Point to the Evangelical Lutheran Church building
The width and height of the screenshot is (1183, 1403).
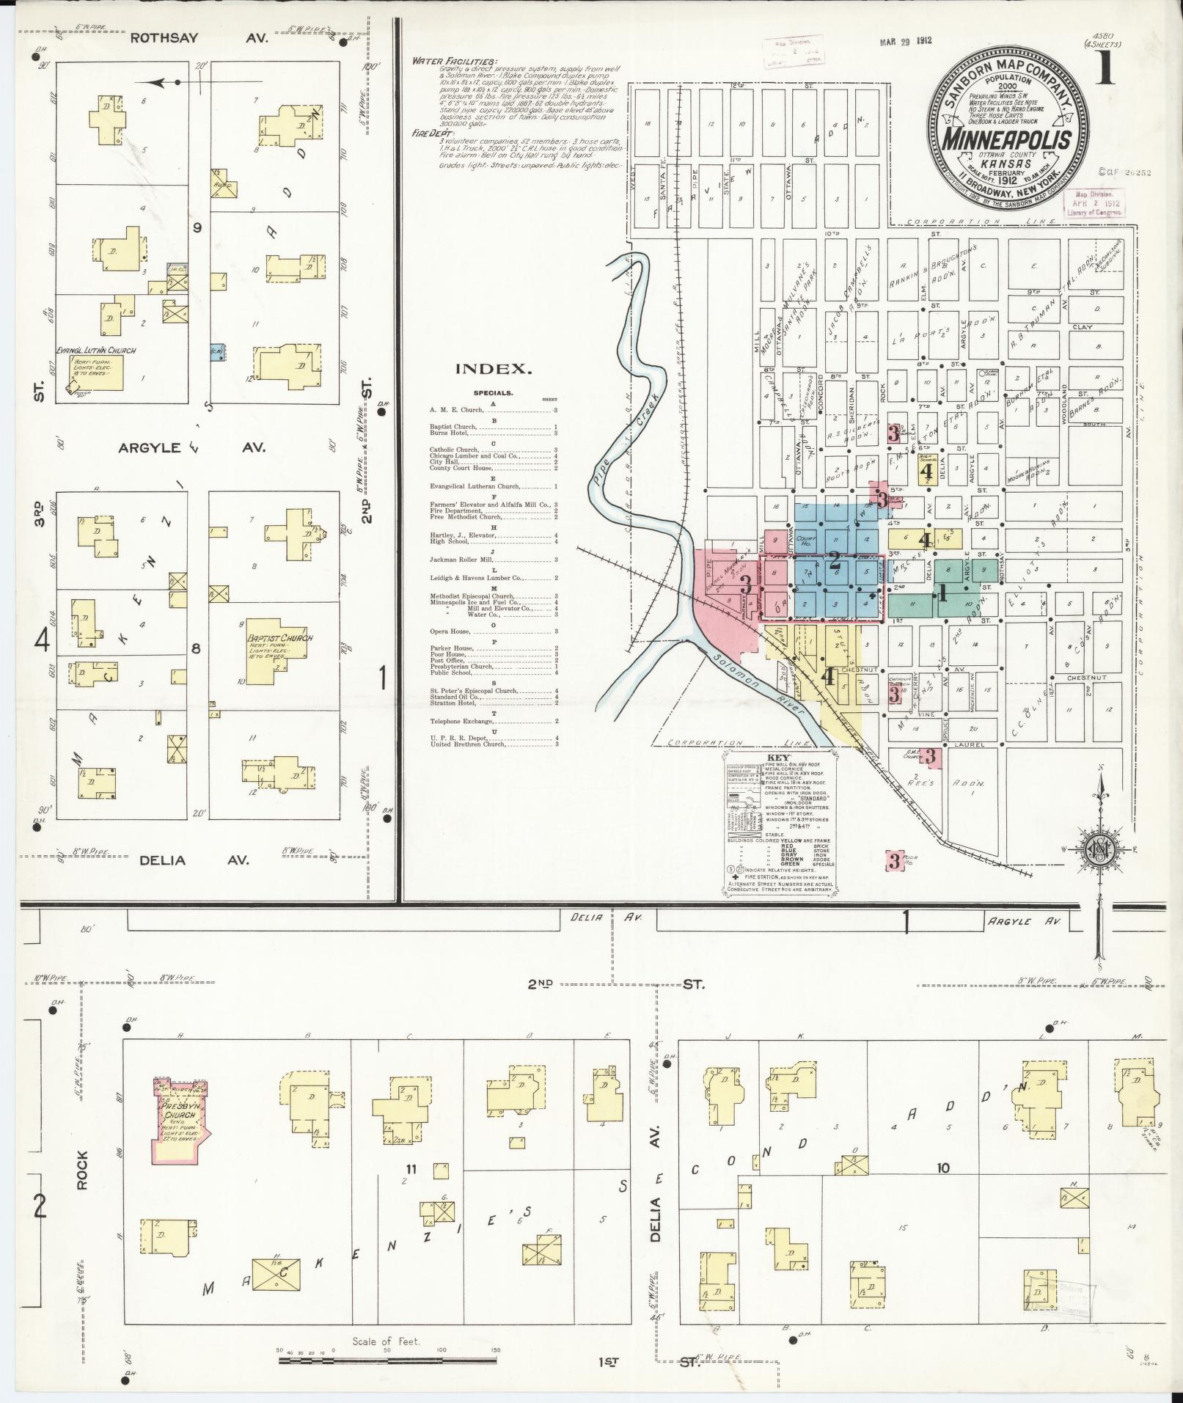coord(96,371)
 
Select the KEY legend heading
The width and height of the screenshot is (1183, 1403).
coord(775,759)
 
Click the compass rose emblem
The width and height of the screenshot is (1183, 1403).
coord(1098,849)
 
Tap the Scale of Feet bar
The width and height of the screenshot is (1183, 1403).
coord(387,1361)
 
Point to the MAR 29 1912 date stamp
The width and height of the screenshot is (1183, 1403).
coord(905,41)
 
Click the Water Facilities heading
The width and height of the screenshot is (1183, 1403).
coord(454,61)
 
